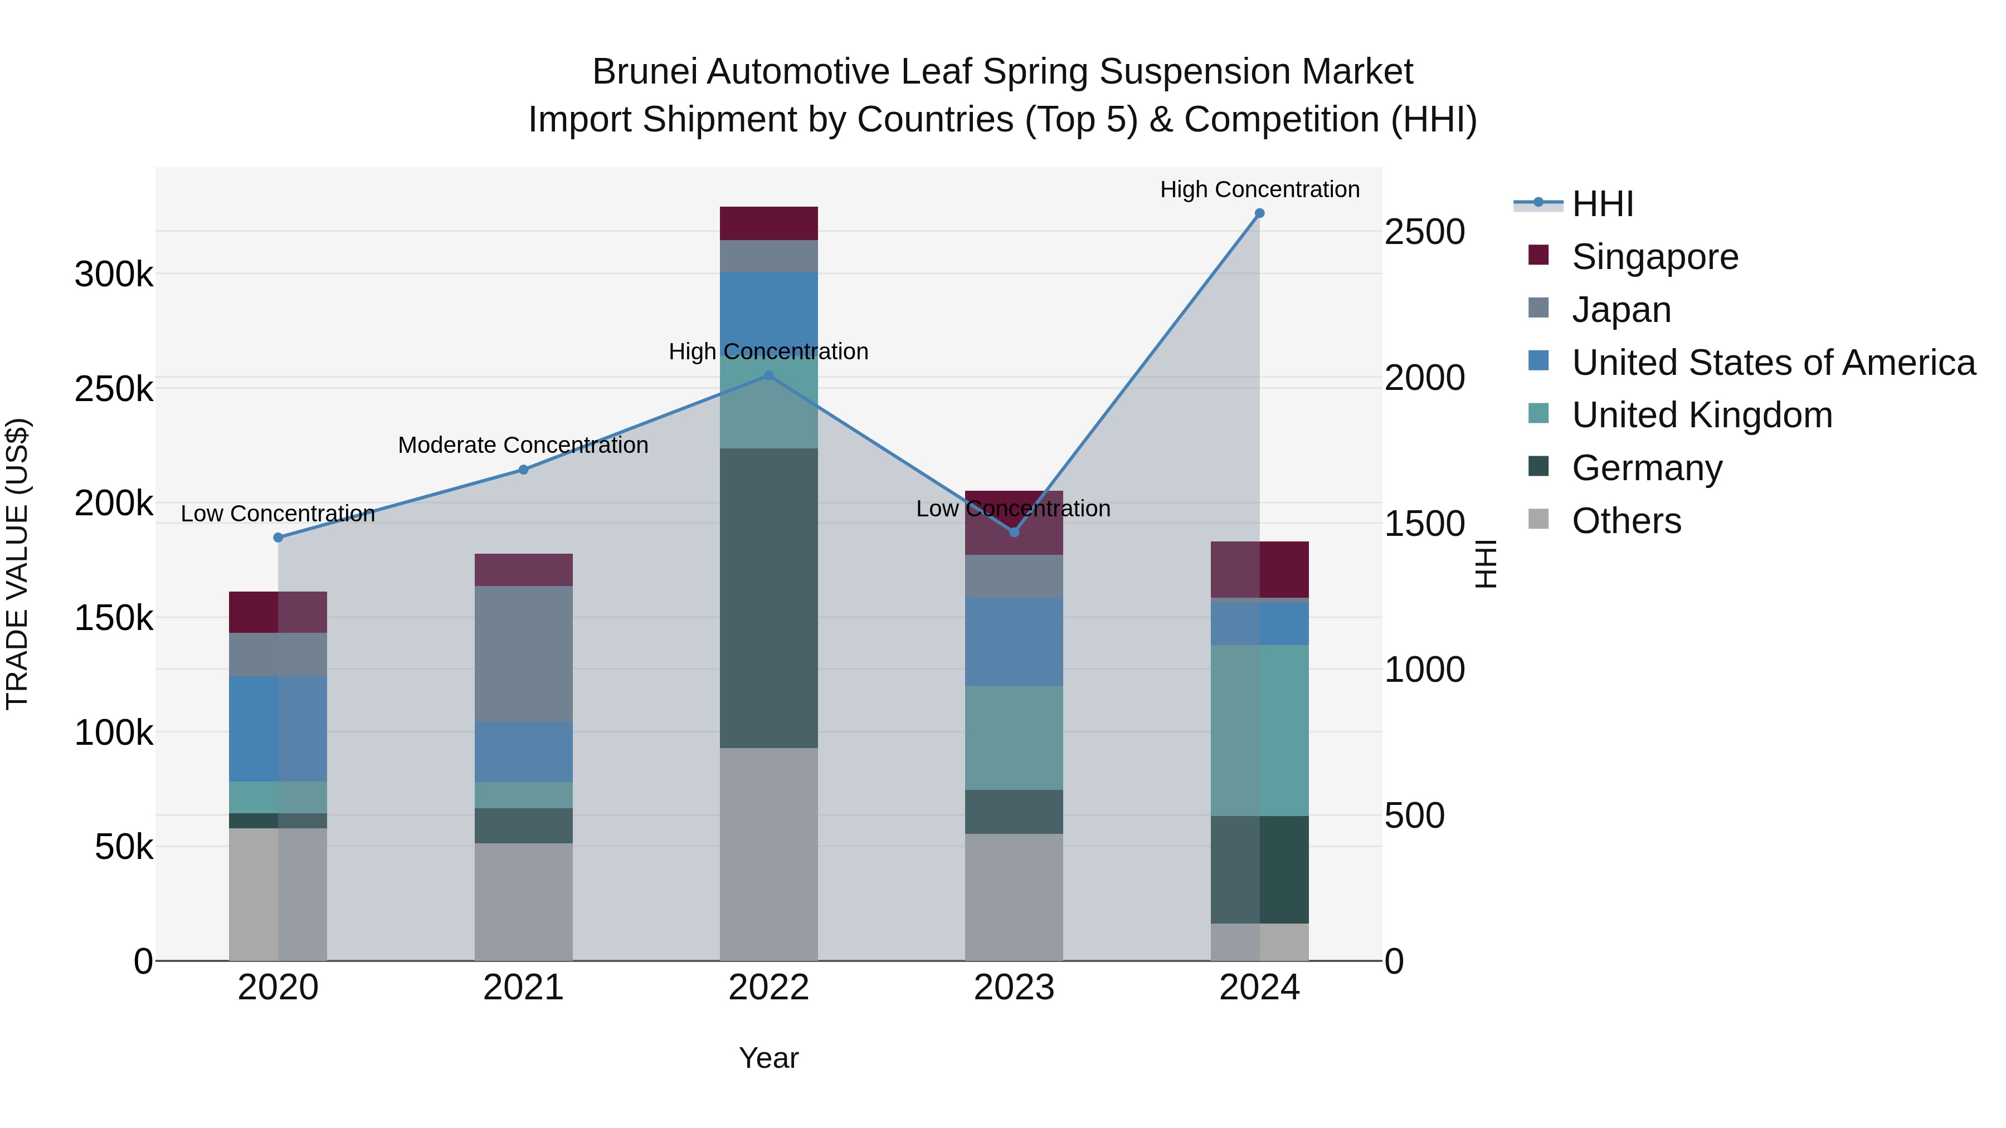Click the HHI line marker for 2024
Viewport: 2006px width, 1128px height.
coord(1259,213)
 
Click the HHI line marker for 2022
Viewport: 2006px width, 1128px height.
coord(768,375)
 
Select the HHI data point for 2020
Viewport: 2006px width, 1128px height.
coord(278,537)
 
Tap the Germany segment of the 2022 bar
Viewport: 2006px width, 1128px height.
coord(768,598)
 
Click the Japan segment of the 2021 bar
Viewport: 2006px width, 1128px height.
coord(523,653)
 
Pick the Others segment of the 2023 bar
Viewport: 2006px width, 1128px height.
coord(1014,897)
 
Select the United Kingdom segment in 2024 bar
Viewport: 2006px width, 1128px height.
coord(1259,730)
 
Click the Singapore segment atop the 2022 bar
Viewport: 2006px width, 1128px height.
coord(768,223)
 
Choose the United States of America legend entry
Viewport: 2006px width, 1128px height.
coord(1773,363)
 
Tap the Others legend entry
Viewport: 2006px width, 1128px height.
coord(1626,521)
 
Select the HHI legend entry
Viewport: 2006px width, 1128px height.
coord(1602,204)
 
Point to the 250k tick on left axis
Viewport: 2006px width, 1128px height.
coord(114,388)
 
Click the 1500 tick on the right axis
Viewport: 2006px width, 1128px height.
coord(1424,524)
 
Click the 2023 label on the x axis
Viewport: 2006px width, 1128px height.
coord(1014,988)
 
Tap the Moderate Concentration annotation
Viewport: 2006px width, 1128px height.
coord(523,445)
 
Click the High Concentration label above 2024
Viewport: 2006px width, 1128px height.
coord(1259,189)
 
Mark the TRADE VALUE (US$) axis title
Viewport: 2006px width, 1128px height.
coord(17,564)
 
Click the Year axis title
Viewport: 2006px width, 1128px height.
coord(768,1058)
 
